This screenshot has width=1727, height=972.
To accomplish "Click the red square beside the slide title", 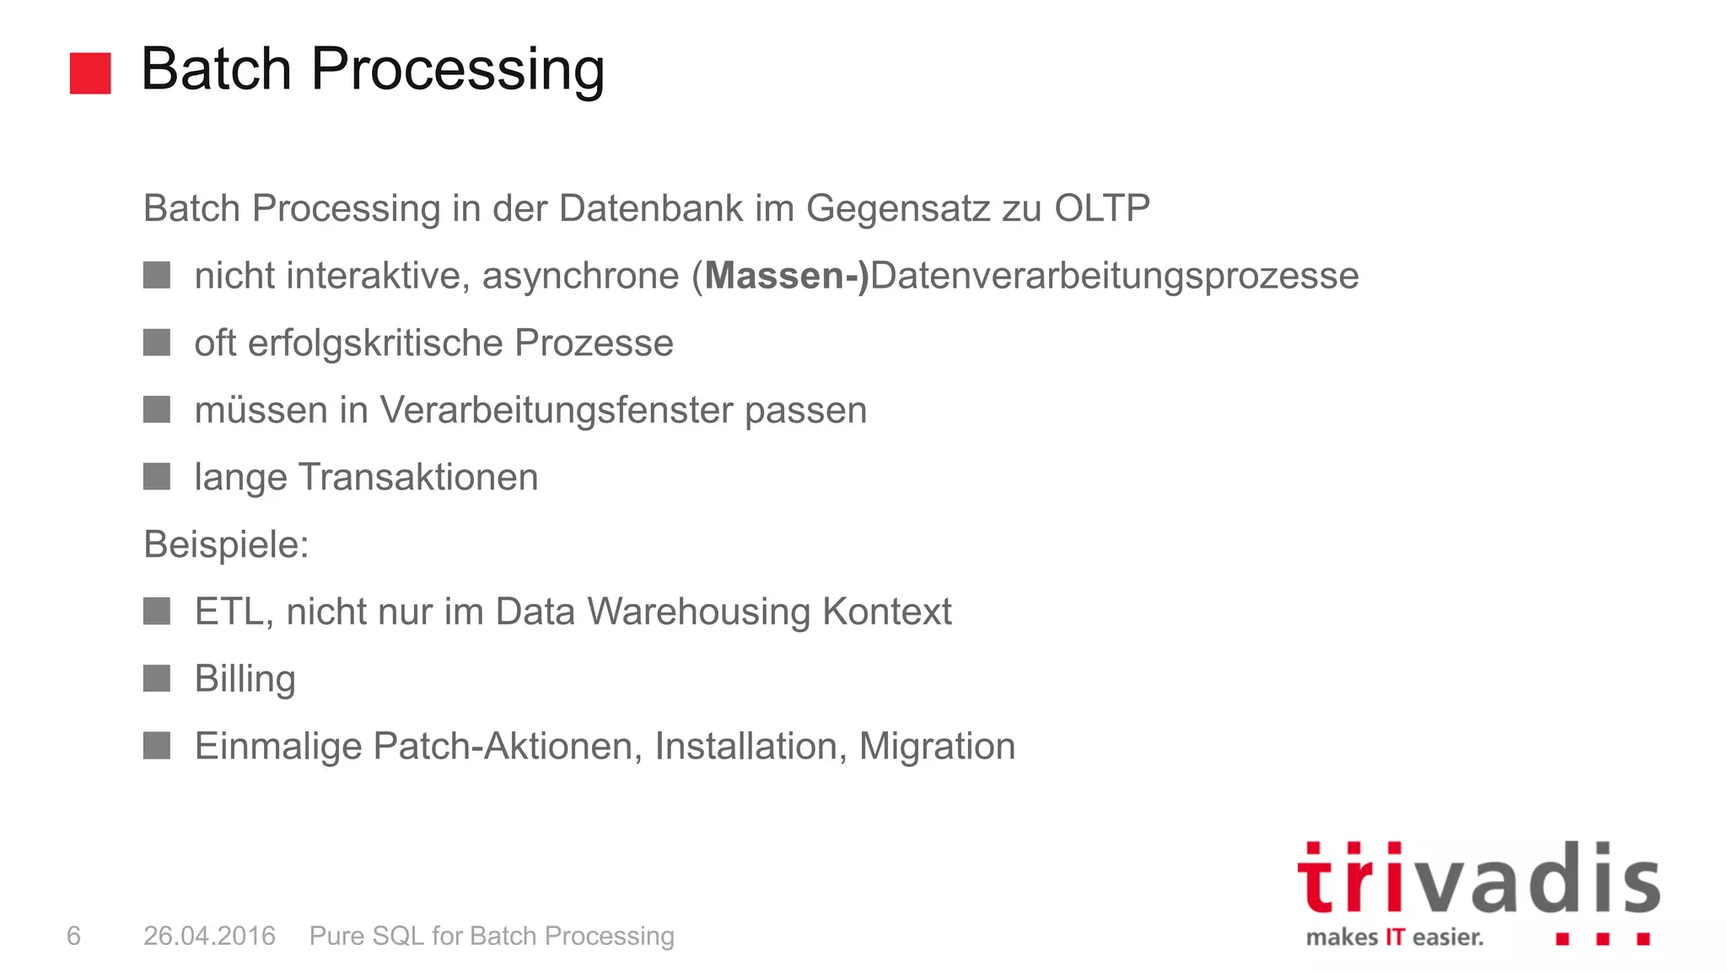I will (x=90, y=73).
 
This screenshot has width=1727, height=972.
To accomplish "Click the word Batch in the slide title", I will (x=216, y=69).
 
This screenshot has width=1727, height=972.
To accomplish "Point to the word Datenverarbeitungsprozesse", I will (x=1114, y=277).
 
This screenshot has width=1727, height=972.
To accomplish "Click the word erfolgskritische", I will (x=375, y=343).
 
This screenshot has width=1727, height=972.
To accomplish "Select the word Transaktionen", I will (x=417, y=478).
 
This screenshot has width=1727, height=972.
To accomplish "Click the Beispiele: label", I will (x=226, y=544).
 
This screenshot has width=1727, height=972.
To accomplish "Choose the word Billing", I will (x=245, y=679).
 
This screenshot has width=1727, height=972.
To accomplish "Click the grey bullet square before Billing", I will (x=157, y=678).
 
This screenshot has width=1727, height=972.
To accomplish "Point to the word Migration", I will (x=937, y=746).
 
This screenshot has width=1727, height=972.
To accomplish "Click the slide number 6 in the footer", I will (x=73, y=936).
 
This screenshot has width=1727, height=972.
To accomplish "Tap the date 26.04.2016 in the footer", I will (x=209, y=936).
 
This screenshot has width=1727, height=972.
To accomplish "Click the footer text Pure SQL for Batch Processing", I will (x=492, y=936).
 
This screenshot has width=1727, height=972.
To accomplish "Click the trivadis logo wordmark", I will (x=1478, y=879).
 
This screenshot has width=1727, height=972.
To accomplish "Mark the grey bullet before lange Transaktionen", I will (x=157, y=477).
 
